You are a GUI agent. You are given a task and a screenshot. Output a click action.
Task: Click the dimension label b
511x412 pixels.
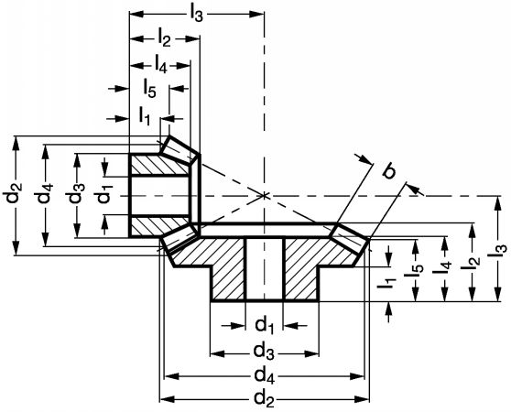388,170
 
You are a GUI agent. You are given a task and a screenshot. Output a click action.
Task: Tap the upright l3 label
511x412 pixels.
197,15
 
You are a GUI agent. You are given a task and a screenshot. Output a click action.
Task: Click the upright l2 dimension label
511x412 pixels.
164,39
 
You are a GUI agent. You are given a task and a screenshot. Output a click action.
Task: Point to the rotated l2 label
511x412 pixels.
473,264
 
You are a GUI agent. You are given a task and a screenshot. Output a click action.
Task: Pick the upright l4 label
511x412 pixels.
160,64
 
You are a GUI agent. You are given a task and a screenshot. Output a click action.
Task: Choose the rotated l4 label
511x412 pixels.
445,267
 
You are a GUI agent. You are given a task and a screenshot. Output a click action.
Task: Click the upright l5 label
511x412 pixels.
149,90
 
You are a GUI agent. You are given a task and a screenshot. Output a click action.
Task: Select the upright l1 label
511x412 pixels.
144,116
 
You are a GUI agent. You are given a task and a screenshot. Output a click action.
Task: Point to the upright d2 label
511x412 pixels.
265,398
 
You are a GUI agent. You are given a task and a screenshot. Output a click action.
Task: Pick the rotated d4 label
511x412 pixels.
45,195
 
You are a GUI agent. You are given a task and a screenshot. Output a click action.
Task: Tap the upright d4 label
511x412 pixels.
265,376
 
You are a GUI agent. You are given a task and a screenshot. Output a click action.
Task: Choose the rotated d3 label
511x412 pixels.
77,195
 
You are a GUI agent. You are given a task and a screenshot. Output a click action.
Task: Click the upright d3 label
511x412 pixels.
264,352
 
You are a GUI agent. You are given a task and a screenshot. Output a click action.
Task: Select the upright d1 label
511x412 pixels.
264,326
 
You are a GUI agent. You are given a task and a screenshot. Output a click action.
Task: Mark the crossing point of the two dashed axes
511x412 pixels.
264,196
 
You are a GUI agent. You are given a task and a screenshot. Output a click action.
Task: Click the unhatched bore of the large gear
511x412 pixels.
265,268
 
